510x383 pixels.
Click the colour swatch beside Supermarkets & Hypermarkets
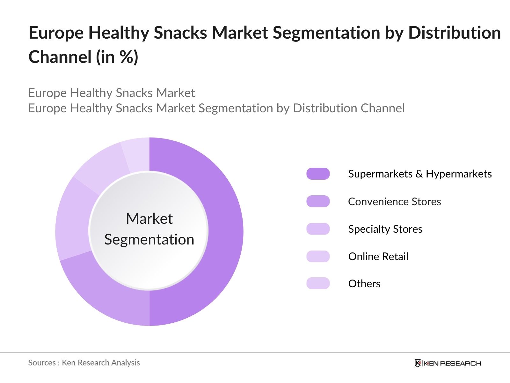(318, 174)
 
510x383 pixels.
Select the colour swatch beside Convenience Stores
(318, 201)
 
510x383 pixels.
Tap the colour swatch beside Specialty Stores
(318, 229)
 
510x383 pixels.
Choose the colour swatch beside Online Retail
(318, 256)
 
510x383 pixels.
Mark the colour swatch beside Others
(318, 283)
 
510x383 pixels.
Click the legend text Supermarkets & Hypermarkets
(420, 174)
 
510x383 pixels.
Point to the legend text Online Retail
(378, 256)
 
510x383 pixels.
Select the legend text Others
(364, 283)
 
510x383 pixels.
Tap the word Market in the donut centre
(149, 219)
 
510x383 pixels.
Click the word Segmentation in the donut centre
(149, 239)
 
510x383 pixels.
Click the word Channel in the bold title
(60, 57)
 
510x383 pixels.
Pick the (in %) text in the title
(117, 57)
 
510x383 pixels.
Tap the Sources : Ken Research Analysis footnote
(84, 363)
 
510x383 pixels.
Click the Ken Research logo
(448, 363)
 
